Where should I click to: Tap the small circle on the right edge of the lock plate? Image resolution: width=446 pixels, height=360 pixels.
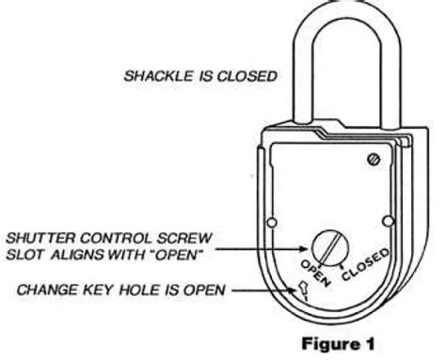point(388,222)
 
